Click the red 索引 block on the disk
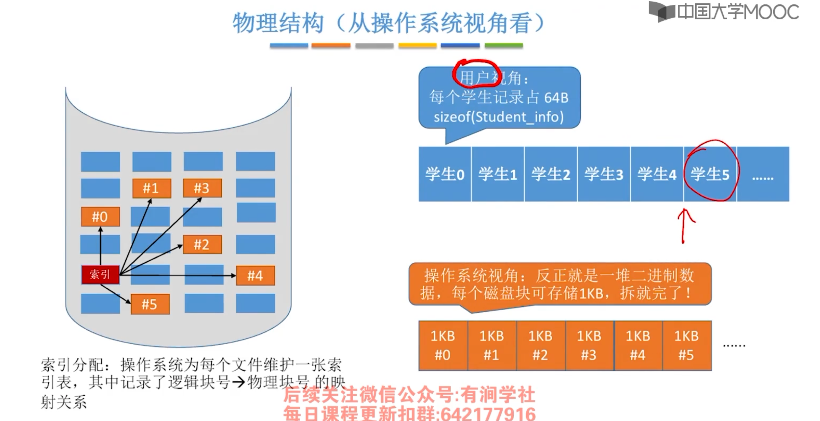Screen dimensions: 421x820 pyautogui.click(x=100, y=274)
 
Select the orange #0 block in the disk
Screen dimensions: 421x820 pyautogui.click(x=100, y=217)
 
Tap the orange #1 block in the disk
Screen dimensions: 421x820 pyautogui.click(x=151, y=188)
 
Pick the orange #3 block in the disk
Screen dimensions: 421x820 pyautogui.click(x=202, y=188)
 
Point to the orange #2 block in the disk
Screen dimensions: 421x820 pyautogui.click(x=202, y=244)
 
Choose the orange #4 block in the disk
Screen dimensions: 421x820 pyautogui.click(x=255, y=276)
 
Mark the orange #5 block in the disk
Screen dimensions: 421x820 pyautogui.click(x=150, y=304)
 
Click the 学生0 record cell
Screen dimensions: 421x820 pyautogui.click(x=444, y=174)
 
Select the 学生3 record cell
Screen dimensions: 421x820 pyautogui.click(x=604, y=174)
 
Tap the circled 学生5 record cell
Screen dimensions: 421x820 pyautogui.click(x=710, y=174)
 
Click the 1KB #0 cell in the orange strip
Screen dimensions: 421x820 pyautogui.click(x=443, y=346)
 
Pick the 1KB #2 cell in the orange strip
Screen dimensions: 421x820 pyautogui.click(x=540, y=346)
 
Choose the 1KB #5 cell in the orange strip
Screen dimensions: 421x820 pyautogui.click(x=686, y=346)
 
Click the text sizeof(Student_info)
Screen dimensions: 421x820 pyautogui.click(x=499, y=117)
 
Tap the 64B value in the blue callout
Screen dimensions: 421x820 pyautogui.click(x=556, y=98)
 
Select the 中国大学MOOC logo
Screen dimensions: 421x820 pyautogui.click(x=723, y=12)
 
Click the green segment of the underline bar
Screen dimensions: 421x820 pyautogui.click(x=504, y=45)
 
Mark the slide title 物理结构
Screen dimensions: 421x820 pyautogui.click(x=278, y=23)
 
